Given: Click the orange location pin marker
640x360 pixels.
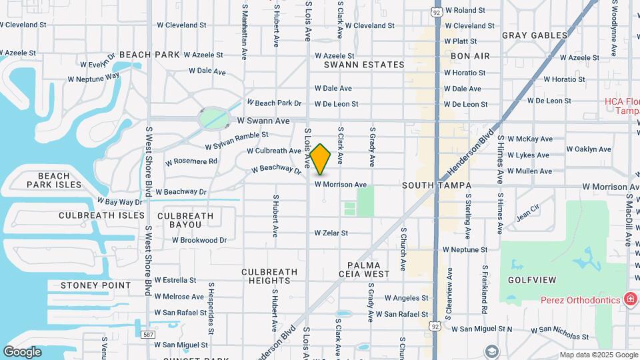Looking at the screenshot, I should pos(321,160).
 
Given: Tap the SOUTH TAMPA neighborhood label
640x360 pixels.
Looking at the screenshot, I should pos(437,185).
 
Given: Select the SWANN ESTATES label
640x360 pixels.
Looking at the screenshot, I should pos(364,65).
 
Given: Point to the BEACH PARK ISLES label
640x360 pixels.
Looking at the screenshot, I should pos(54,180).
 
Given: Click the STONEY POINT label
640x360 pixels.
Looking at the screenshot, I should pos(96,285).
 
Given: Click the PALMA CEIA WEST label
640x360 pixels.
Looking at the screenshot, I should pos(368,269).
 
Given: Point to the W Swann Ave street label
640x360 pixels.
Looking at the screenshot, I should pos(264,121).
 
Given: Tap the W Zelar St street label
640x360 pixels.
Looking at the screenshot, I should pos(331,233).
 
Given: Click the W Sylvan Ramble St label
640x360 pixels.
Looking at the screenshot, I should pos(237,141).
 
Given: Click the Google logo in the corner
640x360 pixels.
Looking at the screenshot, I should pos(22,351).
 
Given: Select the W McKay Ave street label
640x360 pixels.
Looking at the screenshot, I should pos(530,139).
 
